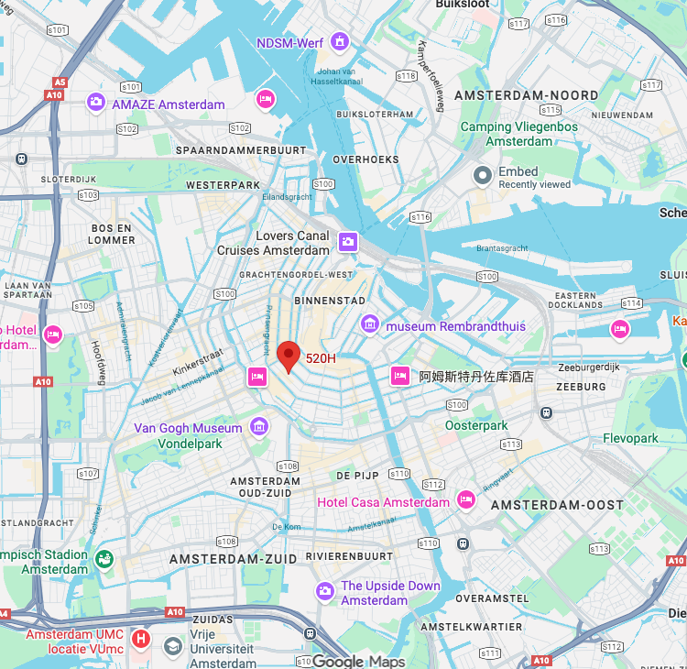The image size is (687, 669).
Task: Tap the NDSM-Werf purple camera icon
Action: coord(341,42)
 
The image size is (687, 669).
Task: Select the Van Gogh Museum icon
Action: coord(259,427)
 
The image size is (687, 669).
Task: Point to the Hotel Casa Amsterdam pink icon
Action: coord(466,499)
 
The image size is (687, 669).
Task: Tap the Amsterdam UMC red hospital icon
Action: coord(140,638)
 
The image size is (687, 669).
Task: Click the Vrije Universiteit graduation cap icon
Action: coord(172,647)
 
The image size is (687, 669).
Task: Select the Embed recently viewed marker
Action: coord(483,175)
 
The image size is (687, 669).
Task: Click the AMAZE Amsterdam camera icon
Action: coord(96,102)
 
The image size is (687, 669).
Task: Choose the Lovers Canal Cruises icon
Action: coord(347,242)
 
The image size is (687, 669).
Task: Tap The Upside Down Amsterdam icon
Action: coord(324,592)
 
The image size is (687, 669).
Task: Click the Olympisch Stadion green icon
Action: coord(104,558)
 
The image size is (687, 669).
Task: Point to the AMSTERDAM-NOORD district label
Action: coord(526,95)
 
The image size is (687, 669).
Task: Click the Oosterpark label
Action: coord(476,425)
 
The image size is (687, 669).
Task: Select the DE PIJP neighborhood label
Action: coord(357,476)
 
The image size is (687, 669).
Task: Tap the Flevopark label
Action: coord(630,438)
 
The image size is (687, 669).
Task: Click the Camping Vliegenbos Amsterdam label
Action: coord(518,134)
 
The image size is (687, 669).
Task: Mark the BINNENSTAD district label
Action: coord(330,301)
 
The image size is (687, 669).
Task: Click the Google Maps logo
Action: coord(358,661)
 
